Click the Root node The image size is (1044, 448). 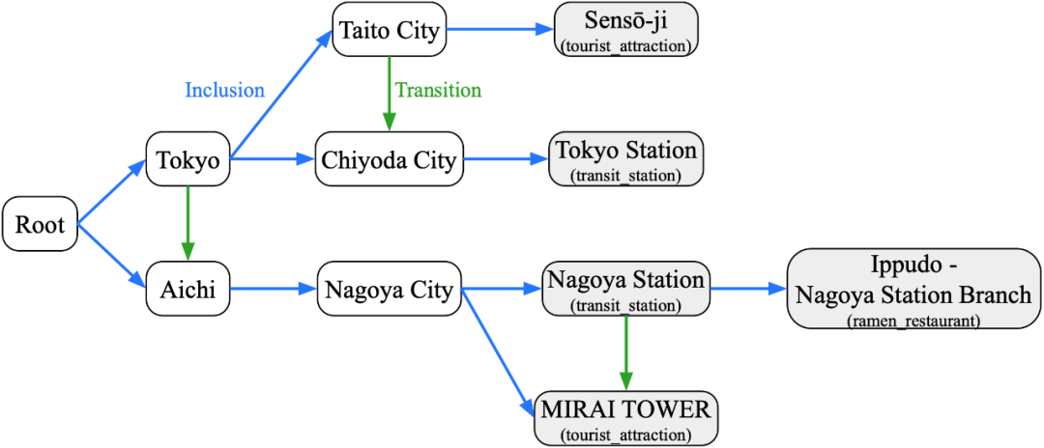[40, 226]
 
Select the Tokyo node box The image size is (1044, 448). [188, 160]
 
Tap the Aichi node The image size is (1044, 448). [188, 288]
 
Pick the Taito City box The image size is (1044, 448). [389, 30]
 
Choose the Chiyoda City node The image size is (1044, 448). [390, 160]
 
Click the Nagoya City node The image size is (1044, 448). [390, 288]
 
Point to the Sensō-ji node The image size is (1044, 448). [626, 29]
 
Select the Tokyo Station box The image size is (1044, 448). [626, 159]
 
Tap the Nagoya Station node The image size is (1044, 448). [625, 288]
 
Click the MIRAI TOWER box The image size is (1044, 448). [625, 418]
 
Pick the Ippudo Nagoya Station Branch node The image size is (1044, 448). [913, 288]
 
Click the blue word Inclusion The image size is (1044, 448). [224, 91]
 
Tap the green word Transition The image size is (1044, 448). [438, 91]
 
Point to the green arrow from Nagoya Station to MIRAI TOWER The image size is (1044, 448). [625, 352]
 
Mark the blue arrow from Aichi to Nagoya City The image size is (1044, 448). [274, 288]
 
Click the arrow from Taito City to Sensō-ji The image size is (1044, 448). [500, 30]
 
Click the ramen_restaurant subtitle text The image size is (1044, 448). [913, 319]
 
